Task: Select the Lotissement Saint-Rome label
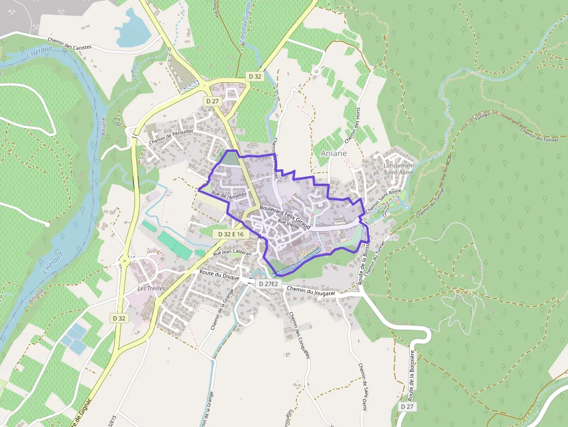[399, 169]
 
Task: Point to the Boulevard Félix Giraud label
[286, 216]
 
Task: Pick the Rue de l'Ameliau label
[230, 196]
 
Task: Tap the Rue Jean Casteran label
[232, 253]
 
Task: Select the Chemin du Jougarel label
[311, 292]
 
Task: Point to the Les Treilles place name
[151, 288]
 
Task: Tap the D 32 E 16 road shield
[231, 234]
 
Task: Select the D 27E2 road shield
[268, 284]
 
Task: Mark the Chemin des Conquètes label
[300, 336]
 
